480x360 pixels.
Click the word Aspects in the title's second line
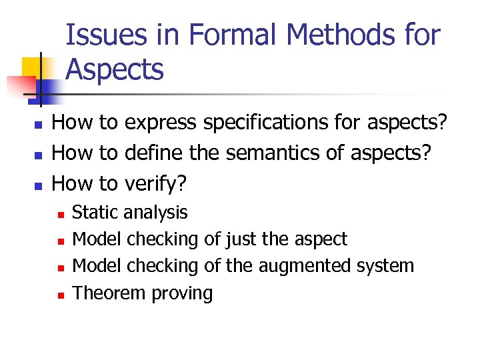(115, 69)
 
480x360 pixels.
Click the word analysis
(156, 213)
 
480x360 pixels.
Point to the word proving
(182, 293)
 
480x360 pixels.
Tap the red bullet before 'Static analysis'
(60, 214)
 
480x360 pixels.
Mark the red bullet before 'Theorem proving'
(60, 295)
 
